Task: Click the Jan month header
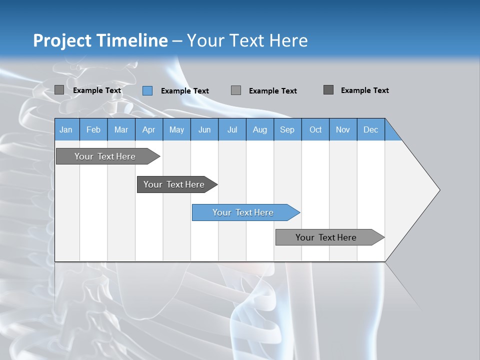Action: [x=66, y=129]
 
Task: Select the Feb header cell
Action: [x=93, y=129]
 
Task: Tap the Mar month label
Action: [x=121, y=129]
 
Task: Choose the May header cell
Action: [x=176, y=129]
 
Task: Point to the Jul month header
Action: [x=232, y=129]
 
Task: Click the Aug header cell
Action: [x=259, y=129]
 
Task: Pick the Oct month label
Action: [x=315, y=129]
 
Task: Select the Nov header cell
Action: [x=343, y=129]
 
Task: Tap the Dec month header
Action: [x=370, y=129]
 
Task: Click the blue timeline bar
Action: [x=243, y=212]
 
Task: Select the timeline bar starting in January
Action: [x=105, y=156]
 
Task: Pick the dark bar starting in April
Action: [x=174, y=184]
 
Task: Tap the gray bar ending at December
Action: [x=326, y=237]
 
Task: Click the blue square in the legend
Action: [x=147, y=90]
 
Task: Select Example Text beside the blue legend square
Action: [x=185, y=91]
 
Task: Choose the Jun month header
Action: [x=204, y=129]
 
